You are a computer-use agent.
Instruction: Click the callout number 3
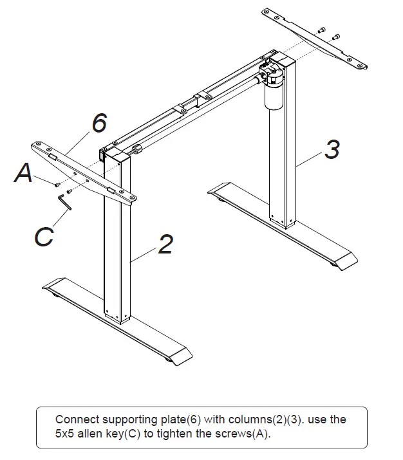331,150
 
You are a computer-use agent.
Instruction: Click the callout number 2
165,244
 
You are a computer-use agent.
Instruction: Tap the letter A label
24,173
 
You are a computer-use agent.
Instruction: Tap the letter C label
43,236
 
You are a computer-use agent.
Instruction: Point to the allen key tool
66,201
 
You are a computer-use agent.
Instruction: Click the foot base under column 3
283,225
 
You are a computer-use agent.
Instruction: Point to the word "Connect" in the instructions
77,419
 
